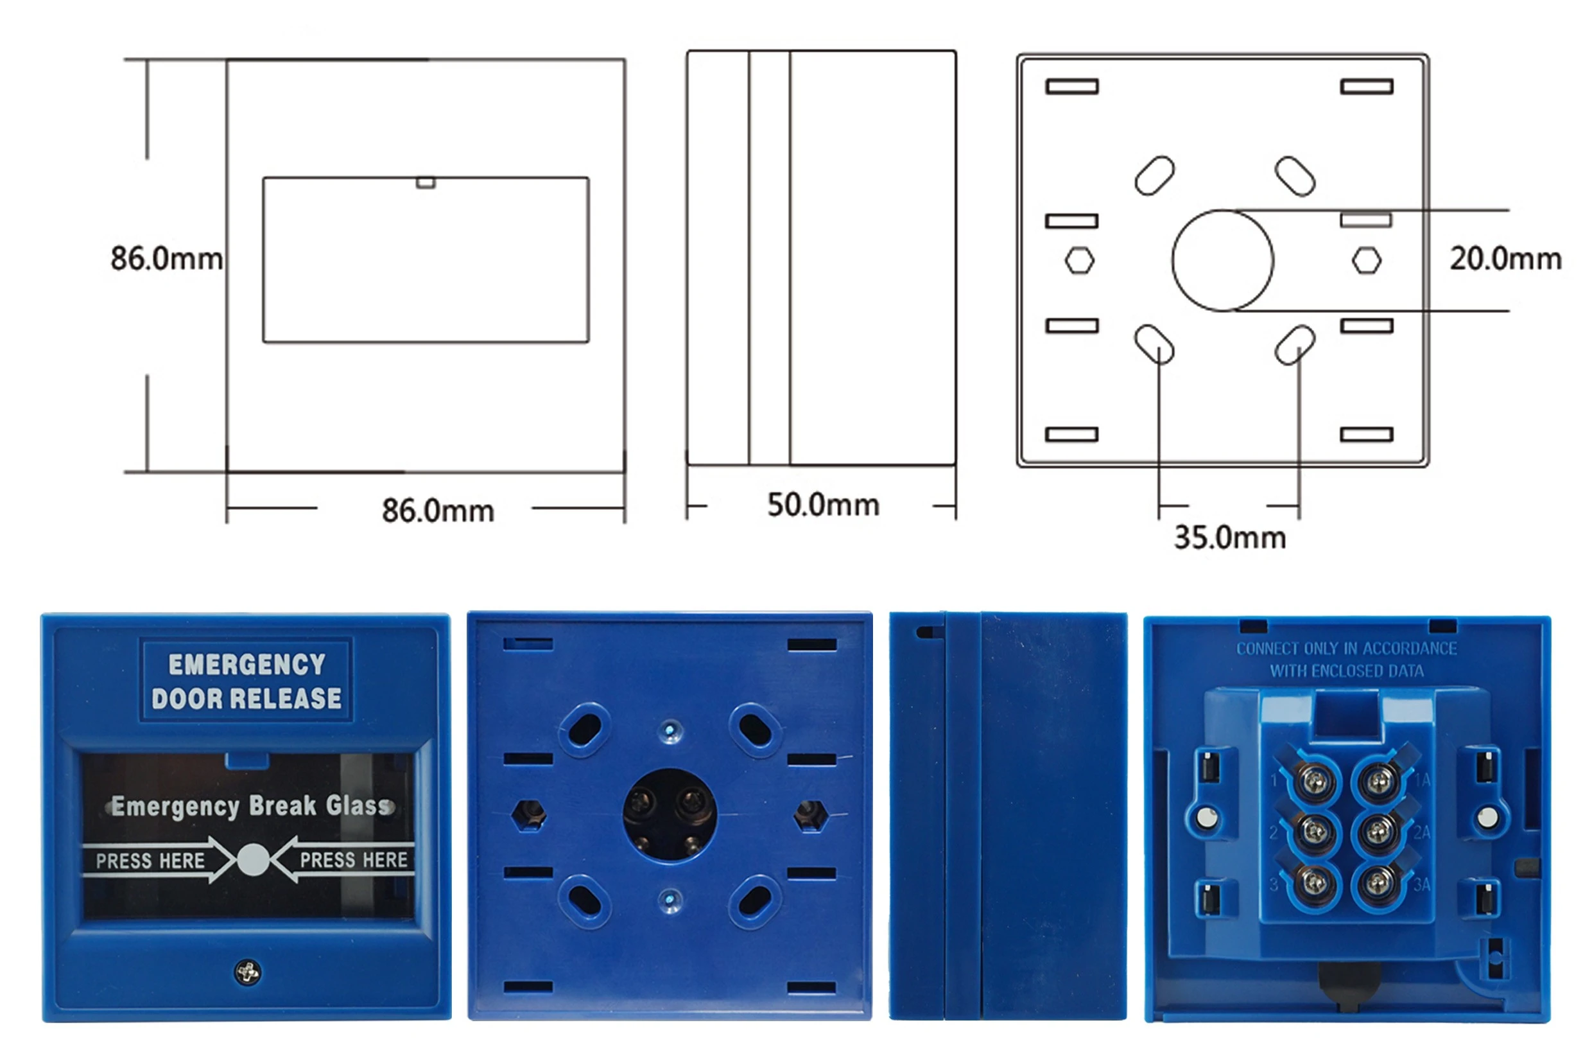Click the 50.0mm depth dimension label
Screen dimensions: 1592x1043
coord(823,505)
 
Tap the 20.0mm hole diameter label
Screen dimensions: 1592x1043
coord(1506,259)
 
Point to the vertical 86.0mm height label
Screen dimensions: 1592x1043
coord(166,259)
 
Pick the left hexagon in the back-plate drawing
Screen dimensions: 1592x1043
coord(1080,260)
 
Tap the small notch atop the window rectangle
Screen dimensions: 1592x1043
coord(426,182)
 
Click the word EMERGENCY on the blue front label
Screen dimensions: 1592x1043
coord(247,664)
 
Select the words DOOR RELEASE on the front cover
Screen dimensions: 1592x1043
coord(247,699)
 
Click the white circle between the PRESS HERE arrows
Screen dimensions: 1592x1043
coord(254,861)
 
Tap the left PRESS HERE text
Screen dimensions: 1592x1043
coord(150,861)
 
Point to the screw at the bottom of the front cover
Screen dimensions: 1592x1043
coord(248,972)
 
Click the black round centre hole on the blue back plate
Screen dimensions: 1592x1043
coord(670,814)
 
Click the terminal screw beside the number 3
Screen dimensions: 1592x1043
coord(1315,884)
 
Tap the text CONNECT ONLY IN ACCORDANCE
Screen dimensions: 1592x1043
coord(1347,648)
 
